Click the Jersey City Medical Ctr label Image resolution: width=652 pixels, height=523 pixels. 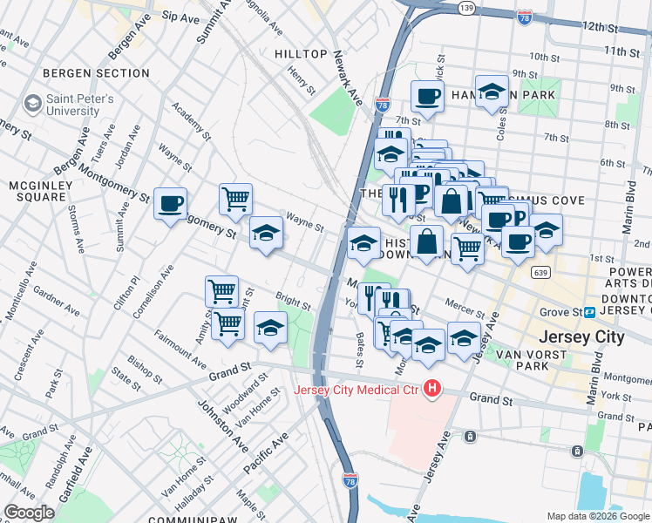pos(357,389)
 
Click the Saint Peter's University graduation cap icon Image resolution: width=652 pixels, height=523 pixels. pos(33,105)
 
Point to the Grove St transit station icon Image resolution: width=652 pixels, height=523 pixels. pos(590,312)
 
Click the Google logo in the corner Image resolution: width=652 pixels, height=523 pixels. pos(29,513)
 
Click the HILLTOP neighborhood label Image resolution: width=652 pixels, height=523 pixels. pos(301,54)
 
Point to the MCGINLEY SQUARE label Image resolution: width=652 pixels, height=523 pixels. pos(37,191)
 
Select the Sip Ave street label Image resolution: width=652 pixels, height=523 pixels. pos(181,17)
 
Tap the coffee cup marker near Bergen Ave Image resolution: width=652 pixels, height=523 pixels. pos(170,205)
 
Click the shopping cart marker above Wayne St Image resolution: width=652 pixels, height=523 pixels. pos(235,200)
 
